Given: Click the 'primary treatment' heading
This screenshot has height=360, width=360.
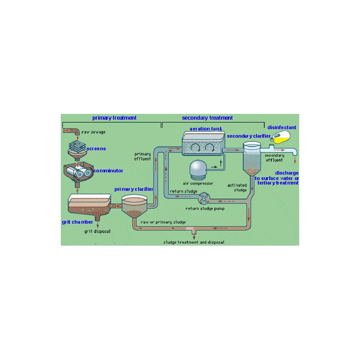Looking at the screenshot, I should [114, 118].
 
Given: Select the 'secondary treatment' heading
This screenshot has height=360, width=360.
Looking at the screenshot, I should [207, 118].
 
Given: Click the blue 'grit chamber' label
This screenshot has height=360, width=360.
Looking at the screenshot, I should [77, 222].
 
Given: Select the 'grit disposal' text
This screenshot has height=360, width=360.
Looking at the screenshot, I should [97, 232].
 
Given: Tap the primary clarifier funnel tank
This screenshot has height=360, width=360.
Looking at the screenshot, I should [134, 207].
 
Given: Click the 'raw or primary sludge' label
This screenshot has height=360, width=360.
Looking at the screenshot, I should [163, 222].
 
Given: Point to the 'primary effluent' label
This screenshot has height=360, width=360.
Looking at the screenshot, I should [143, 157].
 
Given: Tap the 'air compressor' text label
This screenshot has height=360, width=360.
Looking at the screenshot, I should [198, 184].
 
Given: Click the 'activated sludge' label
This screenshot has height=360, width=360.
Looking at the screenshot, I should [237, 187].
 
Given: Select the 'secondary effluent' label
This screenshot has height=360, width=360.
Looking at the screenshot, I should [274, 158].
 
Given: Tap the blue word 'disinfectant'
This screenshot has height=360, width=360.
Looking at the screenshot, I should [282, 127].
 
